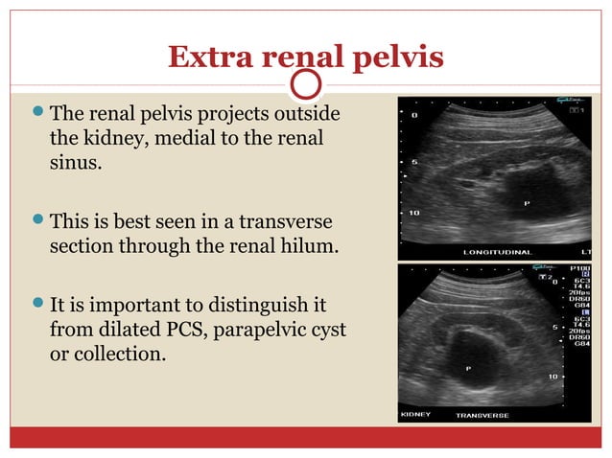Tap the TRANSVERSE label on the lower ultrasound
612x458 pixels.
point(483,415)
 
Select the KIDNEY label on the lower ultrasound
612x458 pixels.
point(416,415)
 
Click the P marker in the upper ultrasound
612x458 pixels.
point(526,203)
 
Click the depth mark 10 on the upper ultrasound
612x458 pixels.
point(414,212)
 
